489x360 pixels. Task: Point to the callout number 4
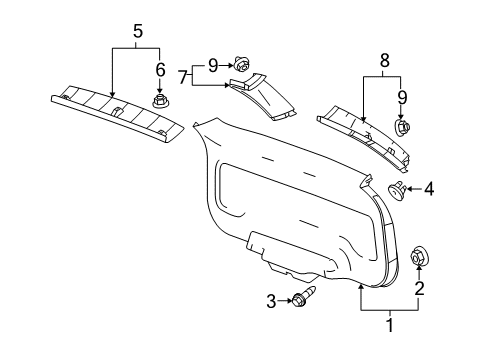[429, 187]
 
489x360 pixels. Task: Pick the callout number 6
[158, 70]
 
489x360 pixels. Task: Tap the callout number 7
[183, 75]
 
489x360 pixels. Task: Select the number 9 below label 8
[402, 98]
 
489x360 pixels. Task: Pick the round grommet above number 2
[419, 257]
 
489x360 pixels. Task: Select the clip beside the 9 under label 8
[403, 128]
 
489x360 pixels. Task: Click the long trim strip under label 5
[115, 109]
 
